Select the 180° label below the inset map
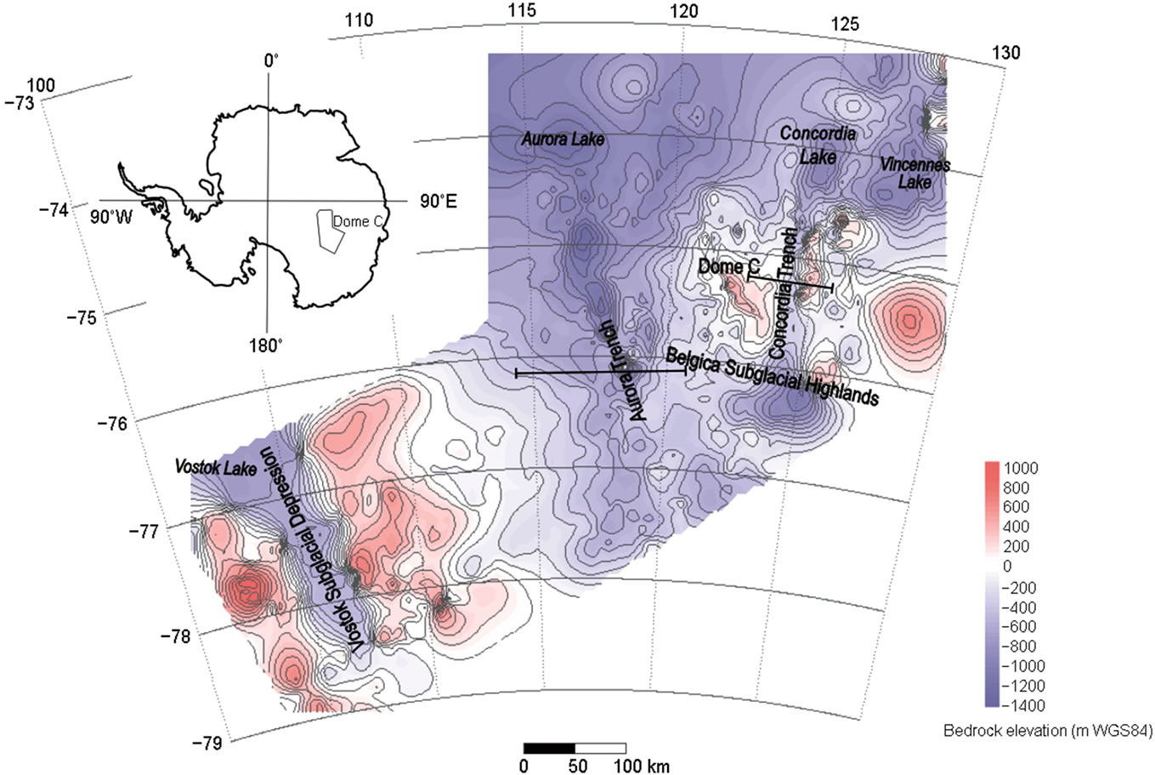[267, 345]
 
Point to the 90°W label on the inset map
[111, 216]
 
